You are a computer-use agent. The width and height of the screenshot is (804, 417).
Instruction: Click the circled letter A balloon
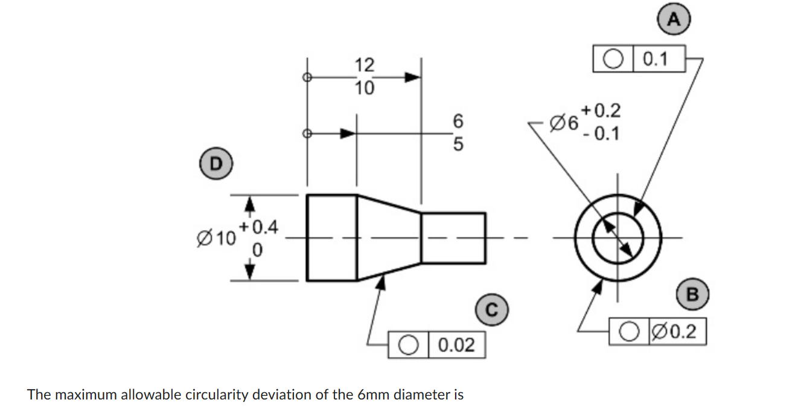point(674,19)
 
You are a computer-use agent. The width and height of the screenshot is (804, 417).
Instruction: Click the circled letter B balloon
point(692,295)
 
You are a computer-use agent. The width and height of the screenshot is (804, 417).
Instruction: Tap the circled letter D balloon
point(214,161)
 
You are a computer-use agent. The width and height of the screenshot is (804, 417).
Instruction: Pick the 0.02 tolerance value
point(456,346)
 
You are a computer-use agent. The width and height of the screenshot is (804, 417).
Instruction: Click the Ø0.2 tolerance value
point(677,332)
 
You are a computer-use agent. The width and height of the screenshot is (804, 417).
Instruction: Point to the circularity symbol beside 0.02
point(409,346)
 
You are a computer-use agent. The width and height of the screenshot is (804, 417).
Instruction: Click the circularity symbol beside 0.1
point(613,59)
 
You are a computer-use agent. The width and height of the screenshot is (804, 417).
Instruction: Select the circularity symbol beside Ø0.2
point(630,332)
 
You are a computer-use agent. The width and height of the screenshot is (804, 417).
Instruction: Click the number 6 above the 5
point(457,121)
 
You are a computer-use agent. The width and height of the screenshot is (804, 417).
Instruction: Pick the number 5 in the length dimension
point(457,145)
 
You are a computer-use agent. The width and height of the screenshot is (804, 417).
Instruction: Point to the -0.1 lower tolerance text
point(601,134)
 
